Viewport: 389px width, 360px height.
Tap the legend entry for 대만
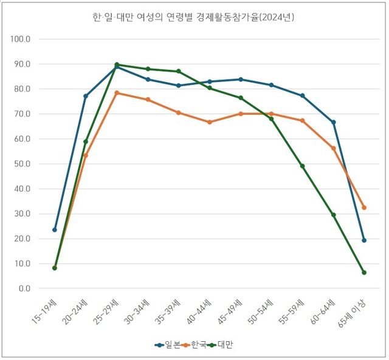click(x=224, y=344)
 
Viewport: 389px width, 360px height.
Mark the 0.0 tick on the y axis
click(x=24, y=288)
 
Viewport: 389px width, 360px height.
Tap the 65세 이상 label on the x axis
click(x=353, y=313)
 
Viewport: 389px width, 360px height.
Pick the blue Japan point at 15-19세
click(x=55, y=229)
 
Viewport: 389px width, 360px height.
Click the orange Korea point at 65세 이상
click(x=364, y=208)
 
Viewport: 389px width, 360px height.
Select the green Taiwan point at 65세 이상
click(x=364, y=273)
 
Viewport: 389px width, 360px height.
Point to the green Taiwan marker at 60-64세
click(x=333, y=214)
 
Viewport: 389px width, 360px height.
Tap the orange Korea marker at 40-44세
click(x=209, y=122)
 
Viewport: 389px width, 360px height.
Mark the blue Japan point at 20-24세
click(x=86, y=96)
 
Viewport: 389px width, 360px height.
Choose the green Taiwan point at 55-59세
click(x=302, y=166)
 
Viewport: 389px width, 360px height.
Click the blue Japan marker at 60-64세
click(x=333, y=122)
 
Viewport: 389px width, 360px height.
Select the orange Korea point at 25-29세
click(x=117, y=93)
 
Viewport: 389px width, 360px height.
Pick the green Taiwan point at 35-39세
click(x=178, y=71)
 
